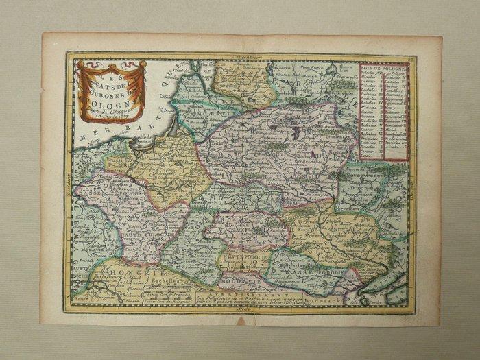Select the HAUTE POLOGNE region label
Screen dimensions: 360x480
(x=145, y=237)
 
